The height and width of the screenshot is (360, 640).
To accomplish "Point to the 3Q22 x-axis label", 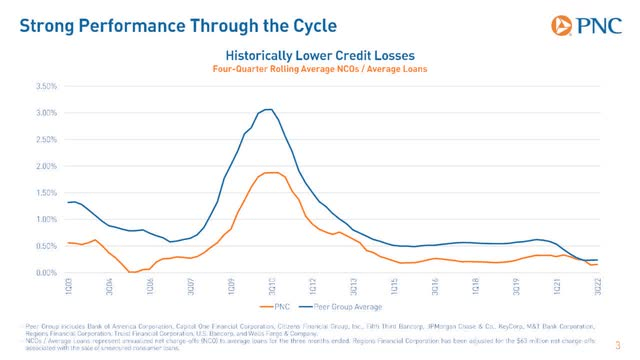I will pyautogui.click(x=598, y=286).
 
